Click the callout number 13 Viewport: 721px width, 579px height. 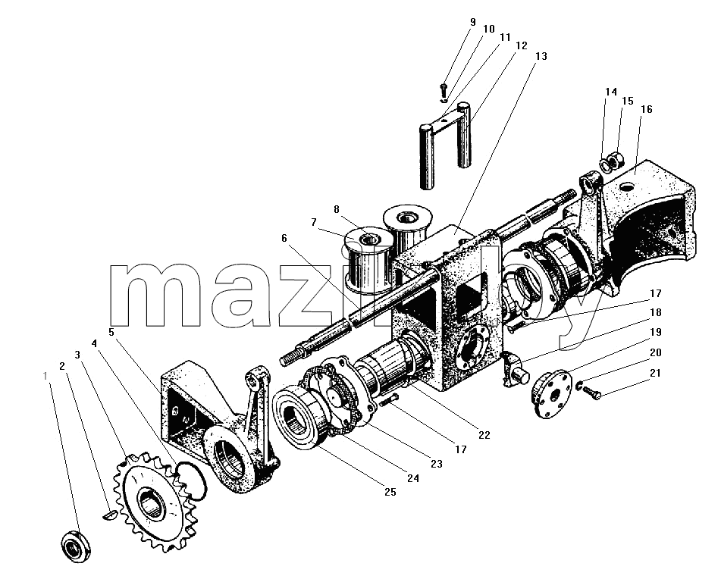(541, 56)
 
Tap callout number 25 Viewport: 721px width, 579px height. (390, 492)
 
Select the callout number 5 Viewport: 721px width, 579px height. (111, 332)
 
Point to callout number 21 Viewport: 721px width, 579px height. (656, 373)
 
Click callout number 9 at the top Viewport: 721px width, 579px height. (473, 22)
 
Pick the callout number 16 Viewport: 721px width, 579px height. (647, 109)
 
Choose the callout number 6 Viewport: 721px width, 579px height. (284, 238)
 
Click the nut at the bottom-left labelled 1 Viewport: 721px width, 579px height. (76, 546)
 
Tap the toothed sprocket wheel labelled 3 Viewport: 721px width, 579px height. (155, 501)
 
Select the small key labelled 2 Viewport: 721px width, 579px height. (109, 515)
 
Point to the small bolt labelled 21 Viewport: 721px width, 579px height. (592, 393)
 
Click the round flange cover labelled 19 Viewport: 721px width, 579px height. (551, 394)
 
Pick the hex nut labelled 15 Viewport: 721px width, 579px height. (616, 161)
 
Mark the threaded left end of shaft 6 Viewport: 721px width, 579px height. (293, 357)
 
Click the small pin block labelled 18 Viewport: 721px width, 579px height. (513, 368)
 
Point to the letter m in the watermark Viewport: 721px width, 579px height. (155, 295)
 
